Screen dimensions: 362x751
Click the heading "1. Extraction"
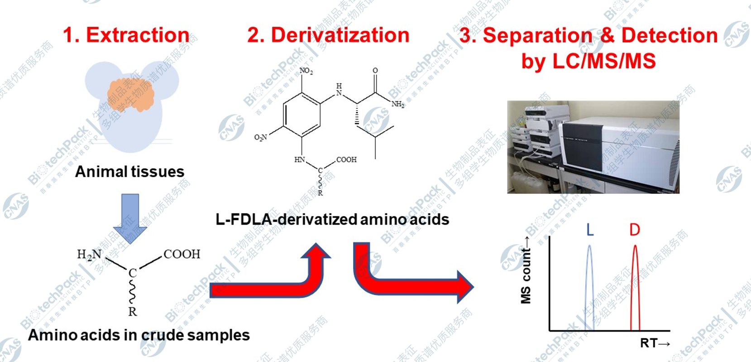pos(126,35)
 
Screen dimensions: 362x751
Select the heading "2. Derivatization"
pos(328,35)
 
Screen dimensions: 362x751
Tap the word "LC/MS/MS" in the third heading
pos(604,61)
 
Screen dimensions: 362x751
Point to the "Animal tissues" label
pos(130,172)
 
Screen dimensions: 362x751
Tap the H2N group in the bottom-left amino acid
pos(90,255)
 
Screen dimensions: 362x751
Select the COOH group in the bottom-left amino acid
pos(182,254)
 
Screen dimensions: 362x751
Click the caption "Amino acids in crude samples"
pos(139,335)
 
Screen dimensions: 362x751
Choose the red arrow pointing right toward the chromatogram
pos(407,285)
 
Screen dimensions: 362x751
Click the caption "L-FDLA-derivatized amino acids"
pos(332,220)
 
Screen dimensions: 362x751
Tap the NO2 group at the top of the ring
pos(306,71)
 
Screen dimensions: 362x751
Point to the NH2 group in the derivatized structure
pos(398,105)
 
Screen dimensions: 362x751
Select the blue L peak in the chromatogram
pos(589,285)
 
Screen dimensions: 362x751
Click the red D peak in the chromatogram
pos(635,285)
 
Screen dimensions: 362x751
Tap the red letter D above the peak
pos(635,230)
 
